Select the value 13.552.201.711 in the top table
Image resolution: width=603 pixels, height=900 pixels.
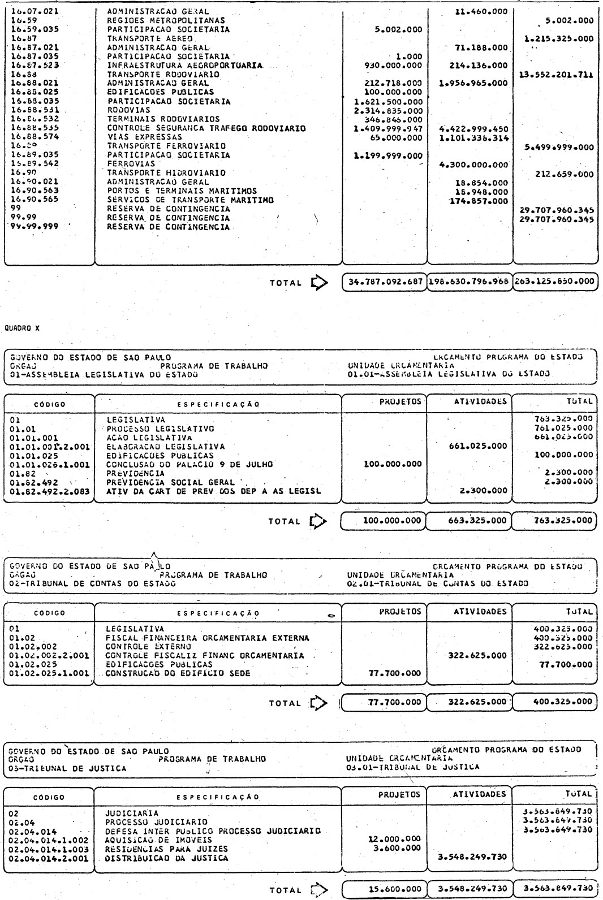pyautogui.click(x=555, y=74)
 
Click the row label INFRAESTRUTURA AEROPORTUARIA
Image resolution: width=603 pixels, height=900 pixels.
pyautogui.click(x=185, y=66)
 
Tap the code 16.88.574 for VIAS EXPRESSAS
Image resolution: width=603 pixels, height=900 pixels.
pyautogui.click(x=35, y=137)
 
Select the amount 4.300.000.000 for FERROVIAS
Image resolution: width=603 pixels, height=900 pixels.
pyautogui.click(x=473, y=165)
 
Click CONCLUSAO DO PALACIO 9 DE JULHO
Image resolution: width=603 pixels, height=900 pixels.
pyautogui.click(x=189, y=464)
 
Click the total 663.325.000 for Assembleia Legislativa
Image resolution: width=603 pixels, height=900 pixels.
pyautogui.click(x=470, y=520)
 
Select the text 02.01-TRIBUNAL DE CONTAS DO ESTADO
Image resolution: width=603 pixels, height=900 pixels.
pyautogui.click(x=438, y=583)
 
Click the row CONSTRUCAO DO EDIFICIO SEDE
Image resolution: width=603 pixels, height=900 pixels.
pyautogui.click(x=178, y=673)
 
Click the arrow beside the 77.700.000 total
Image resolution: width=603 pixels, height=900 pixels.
pyautogui.click(x=320, y=703)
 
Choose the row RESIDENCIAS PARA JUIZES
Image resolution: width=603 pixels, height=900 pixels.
pyautogui.click(x=167, y=849)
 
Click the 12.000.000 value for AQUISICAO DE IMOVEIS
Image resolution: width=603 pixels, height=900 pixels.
pyautogui.click(x=394, y=840)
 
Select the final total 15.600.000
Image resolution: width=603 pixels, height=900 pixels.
pyautogui.click(x=385, y=889)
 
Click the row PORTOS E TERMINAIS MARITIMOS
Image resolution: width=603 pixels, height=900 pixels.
pyautogui.click(x=182, y=191)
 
